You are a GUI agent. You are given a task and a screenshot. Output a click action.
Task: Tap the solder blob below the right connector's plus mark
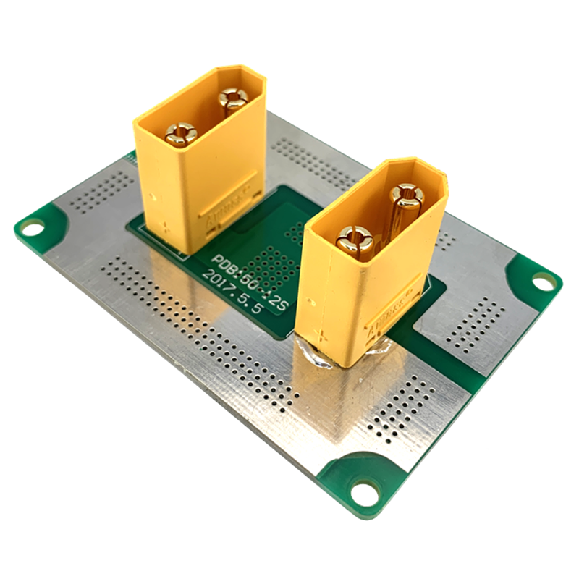pyautogui.click(x=318, y=357)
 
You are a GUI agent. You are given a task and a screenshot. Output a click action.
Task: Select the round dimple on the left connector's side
pyautogui.click(x=151, y=194)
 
